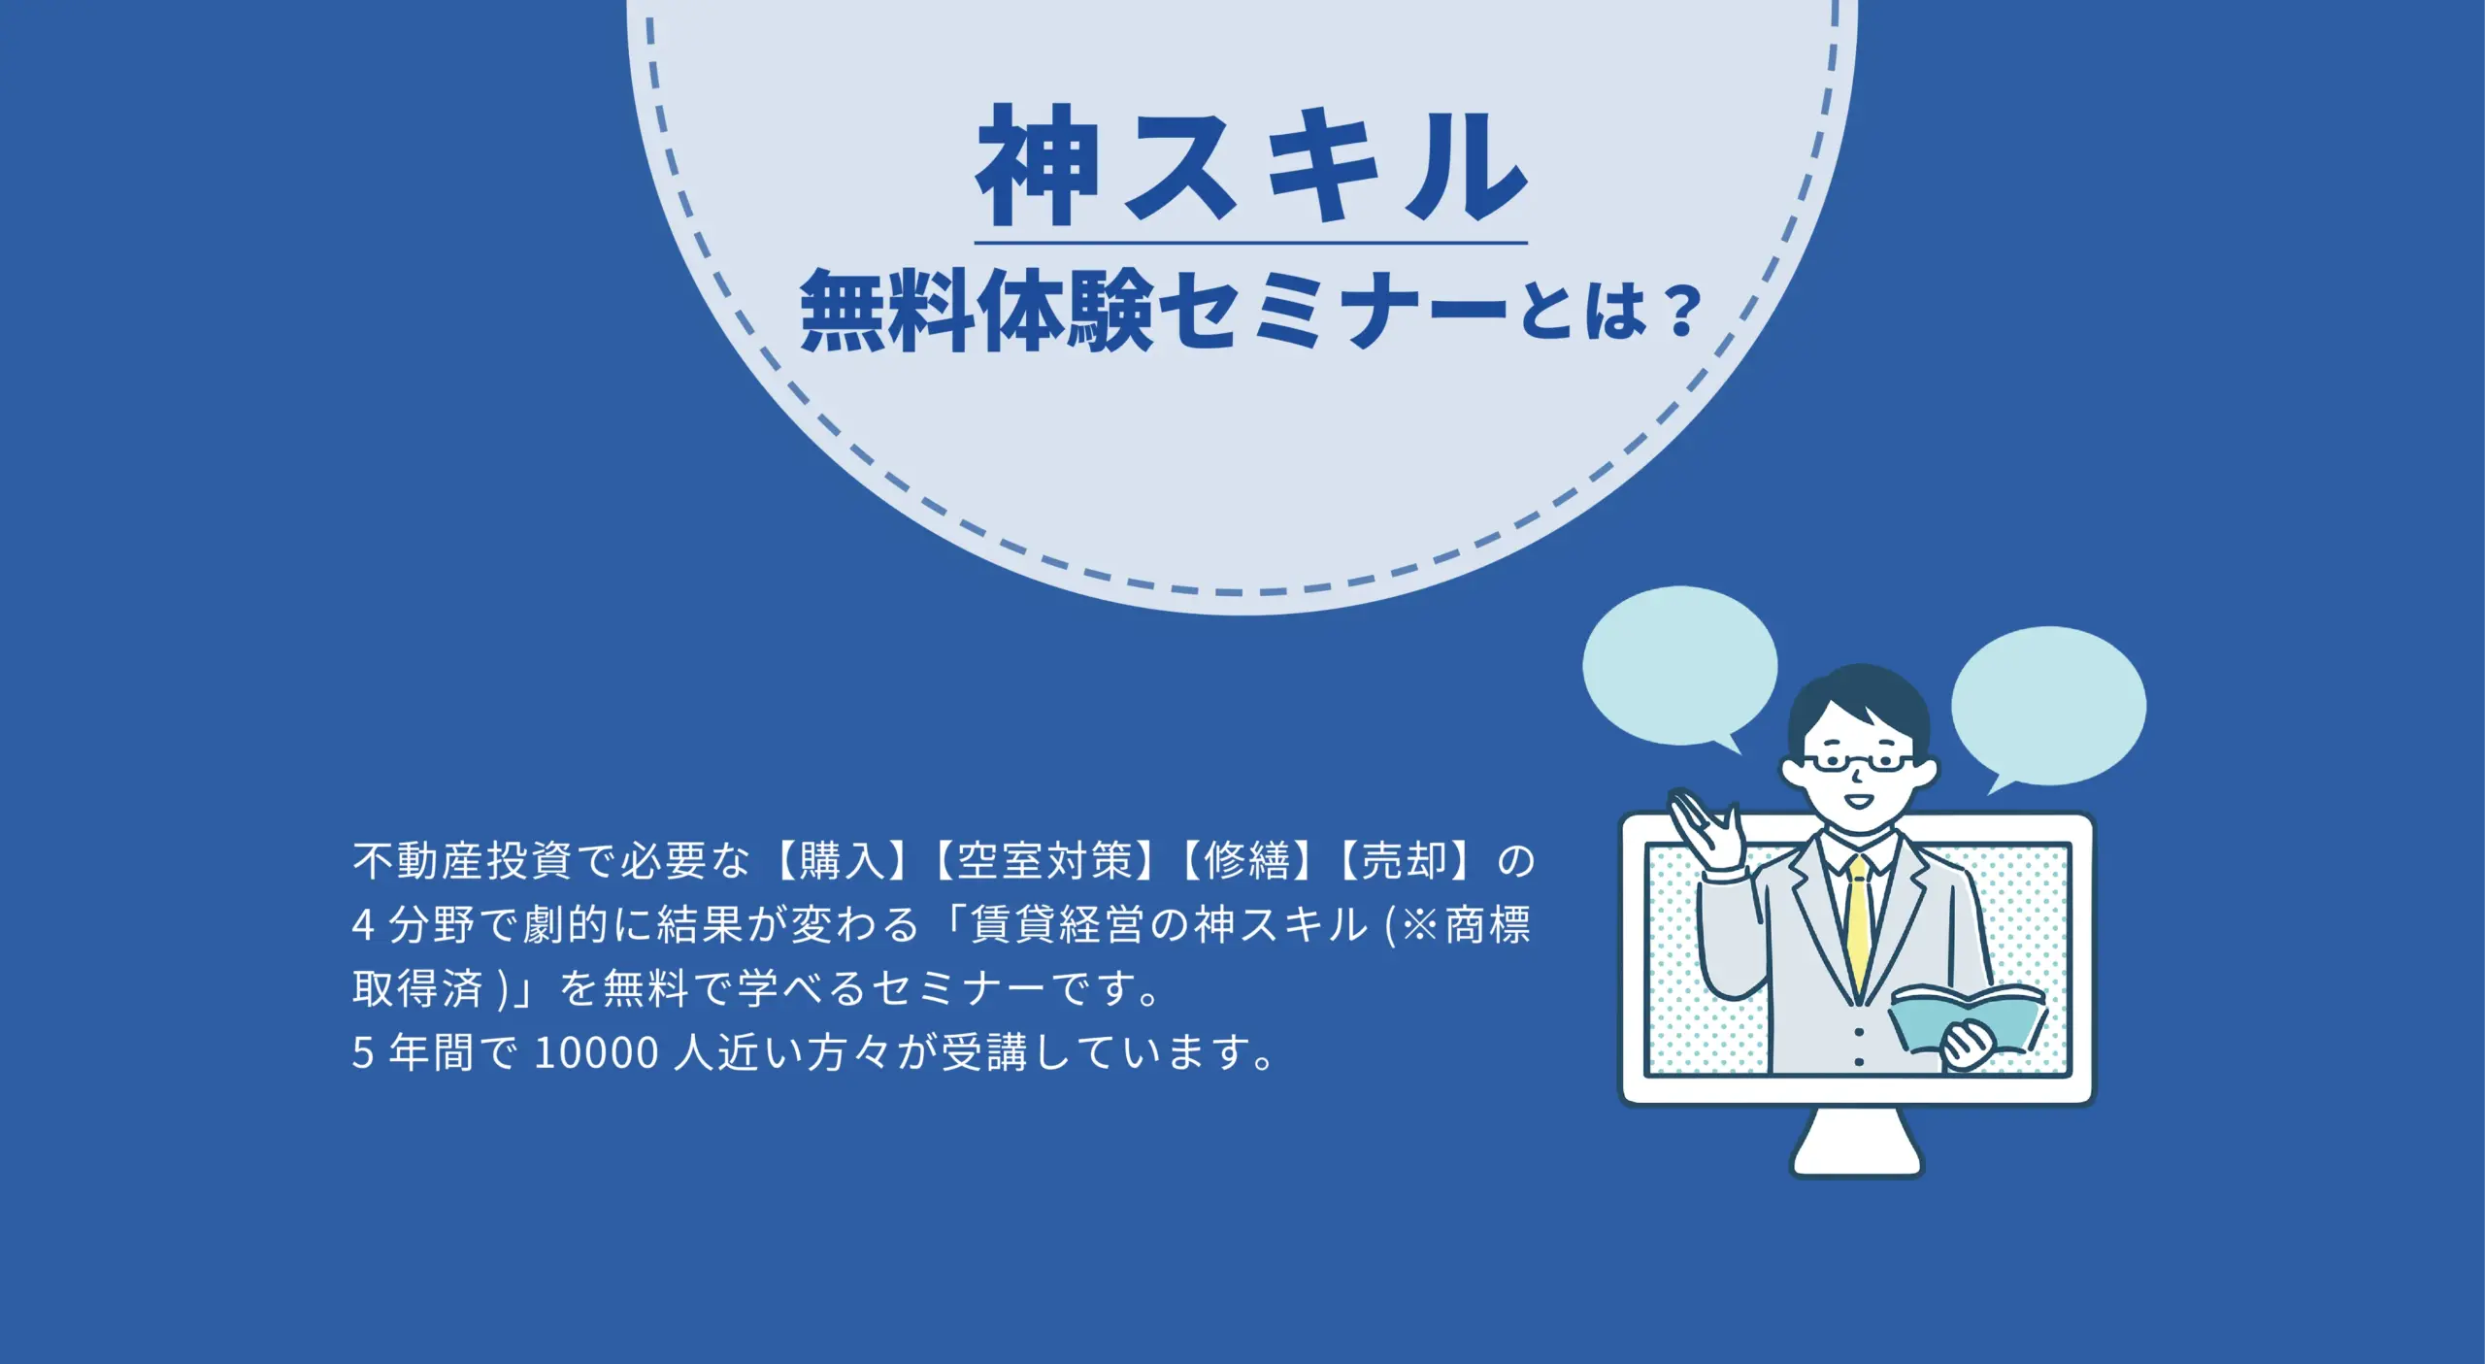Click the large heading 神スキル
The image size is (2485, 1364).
1252,166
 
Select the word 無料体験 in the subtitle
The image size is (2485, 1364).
977,311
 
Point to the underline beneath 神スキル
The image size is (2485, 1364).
1251,243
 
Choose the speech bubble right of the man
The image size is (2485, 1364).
2048,709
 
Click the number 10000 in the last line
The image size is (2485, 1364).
597,1053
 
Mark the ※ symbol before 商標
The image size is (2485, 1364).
1419,925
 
